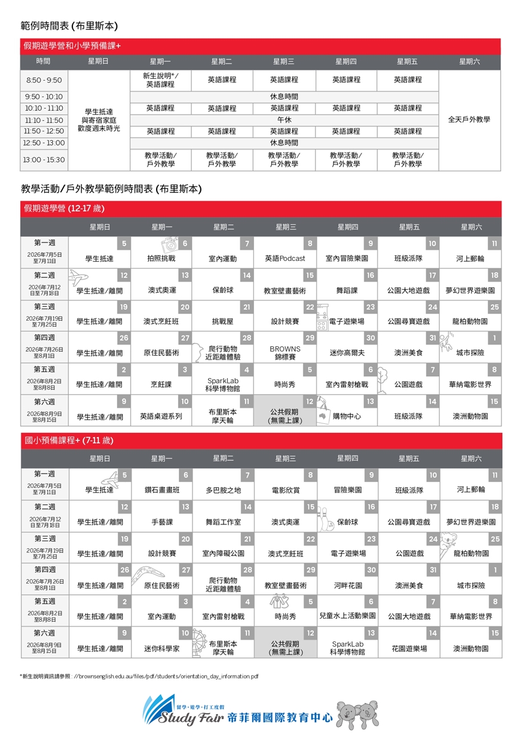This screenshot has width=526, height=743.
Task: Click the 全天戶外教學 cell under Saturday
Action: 469,119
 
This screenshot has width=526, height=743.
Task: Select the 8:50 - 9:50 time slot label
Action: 44,80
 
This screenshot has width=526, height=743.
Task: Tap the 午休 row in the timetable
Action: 285,120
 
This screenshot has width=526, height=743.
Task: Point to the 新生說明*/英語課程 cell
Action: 160,80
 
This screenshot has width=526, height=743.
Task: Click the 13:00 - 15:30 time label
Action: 44,160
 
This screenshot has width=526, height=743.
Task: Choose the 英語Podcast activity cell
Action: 285,259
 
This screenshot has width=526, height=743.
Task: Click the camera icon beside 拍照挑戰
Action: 171,244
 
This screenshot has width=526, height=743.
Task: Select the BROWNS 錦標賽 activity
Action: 285,352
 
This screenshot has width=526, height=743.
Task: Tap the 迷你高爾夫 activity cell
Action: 347,353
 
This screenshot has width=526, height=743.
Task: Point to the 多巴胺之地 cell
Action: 223,490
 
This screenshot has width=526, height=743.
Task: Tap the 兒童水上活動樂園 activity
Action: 347,616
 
